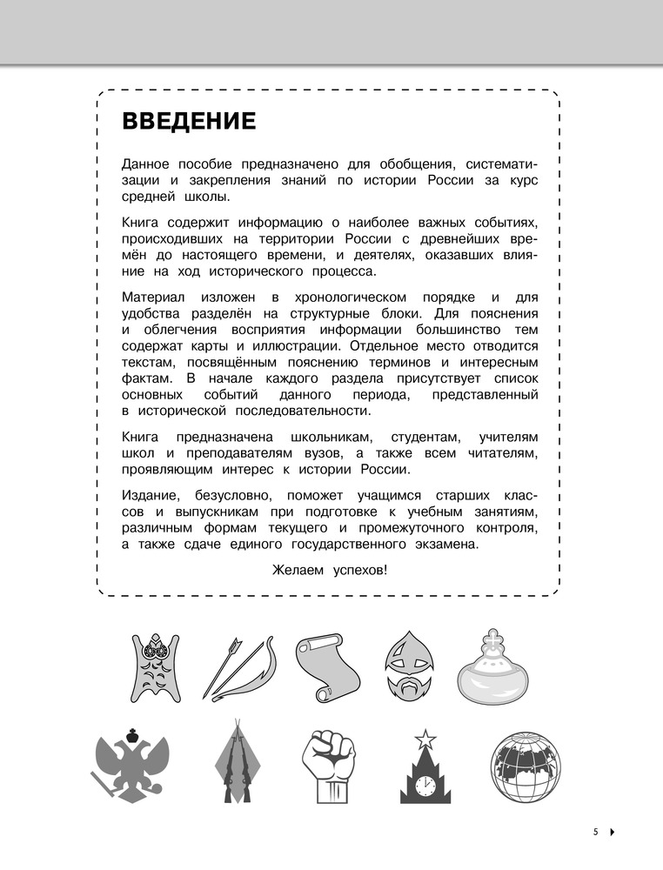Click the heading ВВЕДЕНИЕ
189,121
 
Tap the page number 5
595,832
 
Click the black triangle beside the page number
612,833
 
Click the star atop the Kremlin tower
425,739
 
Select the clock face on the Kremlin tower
425,786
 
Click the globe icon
526,768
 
